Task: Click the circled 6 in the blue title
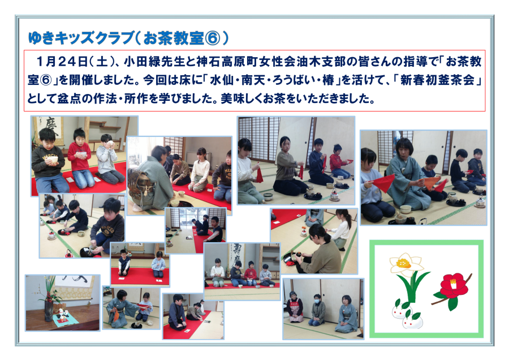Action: click(212, 38)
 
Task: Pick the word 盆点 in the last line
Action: click(69, 98)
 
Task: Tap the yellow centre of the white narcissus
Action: click(403, 263)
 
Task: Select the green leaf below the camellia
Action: click(452, 303)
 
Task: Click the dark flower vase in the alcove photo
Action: click(49, 311)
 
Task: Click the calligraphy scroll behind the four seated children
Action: click(238, 256)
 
